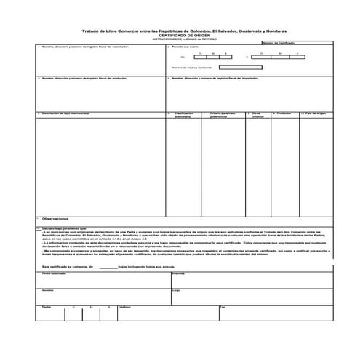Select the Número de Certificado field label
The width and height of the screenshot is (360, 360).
click(279, 43)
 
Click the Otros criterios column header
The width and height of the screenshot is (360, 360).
click(257, 115)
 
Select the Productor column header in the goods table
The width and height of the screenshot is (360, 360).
click(284, 113)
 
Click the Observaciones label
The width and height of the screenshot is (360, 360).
click(55, 217)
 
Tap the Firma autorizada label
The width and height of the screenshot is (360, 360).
click(53, 274)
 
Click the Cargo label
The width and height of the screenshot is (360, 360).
click(175, 289)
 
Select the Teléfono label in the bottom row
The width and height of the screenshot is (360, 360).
click(124, 306)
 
